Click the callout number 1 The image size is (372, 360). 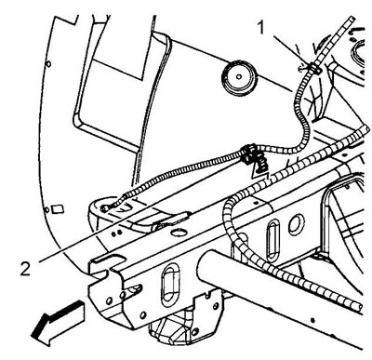tap(261, 27)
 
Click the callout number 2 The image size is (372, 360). tap(25, 268)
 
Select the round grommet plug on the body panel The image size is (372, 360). tap(239, 77)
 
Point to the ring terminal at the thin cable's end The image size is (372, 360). tap(104, 208)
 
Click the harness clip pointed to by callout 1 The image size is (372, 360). tap(313, 68)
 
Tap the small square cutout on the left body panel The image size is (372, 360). tap(58, 209)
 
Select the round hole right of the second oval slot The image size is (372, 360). tap(297, 224)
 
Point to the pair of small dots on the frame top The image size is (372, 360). tap(115, 233)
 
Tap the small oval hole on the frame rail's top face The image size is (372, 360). tap(178, 232)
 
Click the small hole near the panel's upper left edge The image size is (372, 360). tap(48, 64)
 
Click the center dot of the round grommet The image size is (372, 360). tap(239, 76)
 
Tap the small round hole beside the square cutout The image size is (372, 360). tap(46, 210)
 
